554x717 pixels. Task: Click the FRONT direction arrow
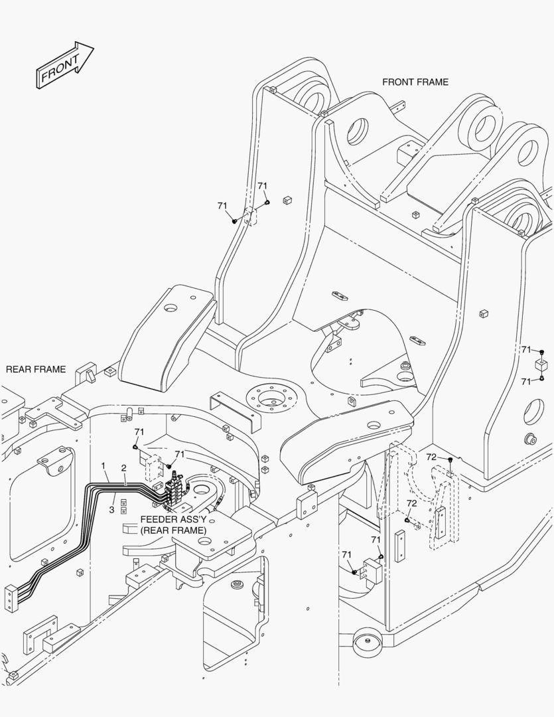64,65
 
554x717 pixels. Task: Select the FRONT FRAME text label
415,82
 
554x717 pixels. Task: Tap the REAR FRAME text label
36,369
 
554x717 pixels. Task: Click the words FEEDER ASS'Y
173,520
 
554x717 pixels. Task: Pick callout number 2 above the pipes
123,468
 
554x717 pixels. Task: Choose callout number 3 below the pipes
112,509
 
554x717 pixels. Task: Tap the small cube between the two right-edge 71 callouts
542,364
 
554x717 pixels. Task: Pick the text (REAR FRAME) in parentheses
173,530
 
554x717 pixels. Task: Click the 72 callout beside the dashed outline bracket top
431,457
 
